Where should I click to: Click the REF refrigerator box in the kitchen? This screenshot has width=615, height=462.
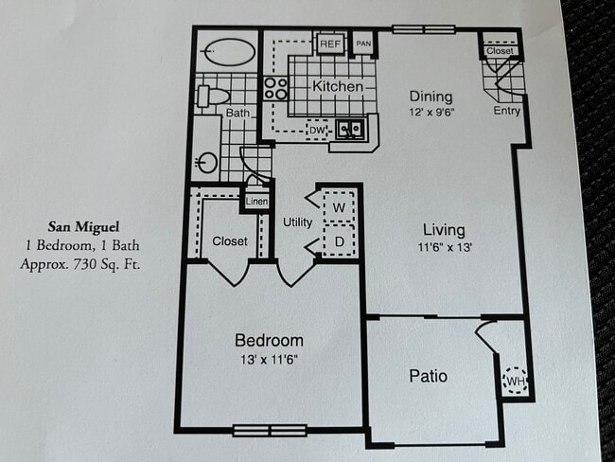329,44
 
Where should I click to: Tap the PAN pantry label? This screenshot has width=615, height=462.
363,44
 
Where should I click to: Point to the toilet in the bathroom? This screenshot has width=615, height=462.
213,96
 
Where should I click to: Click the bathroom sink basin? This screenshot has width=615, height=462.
207,163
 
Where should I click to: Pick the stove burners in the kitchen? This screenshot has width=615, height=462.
275,89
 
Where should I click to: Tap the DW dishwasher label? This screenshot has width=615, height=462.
317,130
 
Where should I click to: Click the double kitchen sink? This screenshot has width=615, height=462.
351,130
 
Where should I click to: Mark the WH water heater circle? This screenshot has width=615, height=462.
515,380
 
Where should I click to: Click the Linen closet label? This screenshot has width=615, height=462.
256,202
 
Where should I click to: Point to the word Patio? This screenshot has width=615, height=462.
428,376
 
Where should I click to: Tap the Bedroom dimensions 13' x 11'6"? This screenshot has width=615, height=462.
269,359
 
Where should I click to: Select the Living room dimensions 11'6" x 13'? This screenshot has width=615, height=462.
443,247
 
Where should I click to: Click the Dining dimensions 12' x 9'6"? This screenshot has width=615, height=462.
430,113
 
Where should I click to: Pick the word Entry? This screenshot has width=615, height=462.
507,111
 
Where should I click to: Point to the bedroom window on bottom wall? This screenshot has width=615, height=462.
270,430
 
